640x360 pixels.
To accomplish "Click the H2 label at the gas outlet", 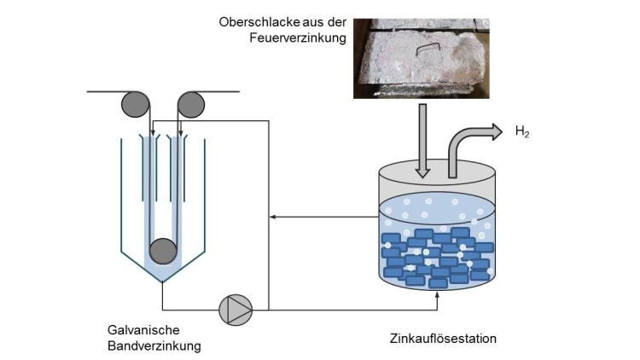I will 522,132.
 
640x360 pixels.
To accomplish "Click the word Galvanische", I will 143,331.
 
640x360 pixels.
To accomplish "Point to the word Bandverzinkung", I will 154,346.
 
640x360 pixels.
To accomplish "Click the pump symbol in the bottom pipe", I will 235,309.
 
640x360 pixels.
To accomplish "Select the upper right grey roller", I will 191,104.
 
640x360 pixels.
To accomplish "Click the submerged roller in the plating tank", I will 162,252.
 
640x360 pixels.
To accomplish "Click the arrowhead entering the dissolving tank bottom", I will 438,295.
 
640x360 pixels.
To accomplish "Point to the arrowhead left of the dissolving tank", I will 272,218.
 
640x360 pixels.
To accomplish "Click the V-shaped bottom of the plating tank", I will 162,270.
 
